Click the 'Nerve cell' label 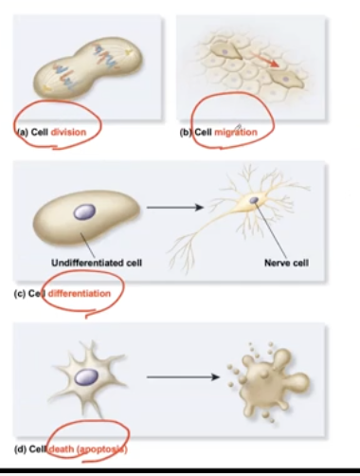[x=282, y=261]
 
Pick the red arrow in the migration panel [x=276, y=64]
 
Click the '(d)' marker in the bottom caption [x=20, y=449]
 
